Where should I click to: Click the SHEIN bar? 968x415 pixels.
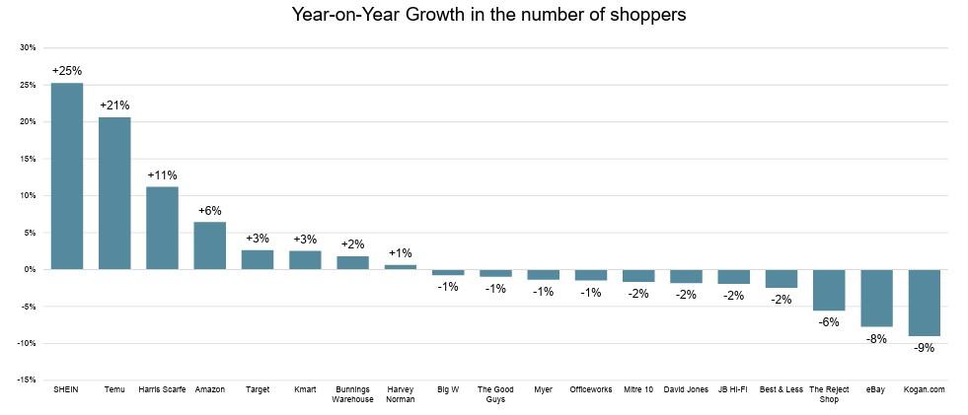pos(67,176)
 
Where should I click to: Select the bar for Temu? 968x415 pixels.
pos(114,193)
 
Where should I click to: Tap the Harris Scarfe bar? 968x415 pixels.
pos(163,228)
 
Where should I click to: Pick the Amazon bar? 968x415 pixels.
pos(210,245)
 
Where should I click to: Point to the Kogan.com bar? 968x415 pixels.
pos(925,303)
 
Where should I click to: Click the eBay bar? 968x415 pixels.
pos(876,298)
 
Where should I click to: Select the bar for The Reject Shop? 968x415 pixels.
pos(829,290)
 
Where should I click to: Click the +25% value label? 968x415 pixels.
pos(67,71)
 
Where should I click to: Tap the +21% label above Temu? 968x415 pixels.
pos(114,105)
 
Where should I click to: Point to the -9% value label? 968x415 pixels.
pos(925,348)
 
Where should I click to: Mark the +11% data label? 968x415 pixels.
pos(163,175)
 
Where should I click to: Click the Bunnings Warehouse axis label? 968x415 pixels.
pos(352,394)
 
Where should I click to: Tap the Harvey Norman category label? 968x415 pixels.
pos(400,394)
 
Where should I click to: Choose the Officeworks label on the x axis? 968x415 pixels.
pos(591,389)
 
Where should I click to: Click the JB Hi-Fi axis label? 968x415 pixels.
pos(733,389)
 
